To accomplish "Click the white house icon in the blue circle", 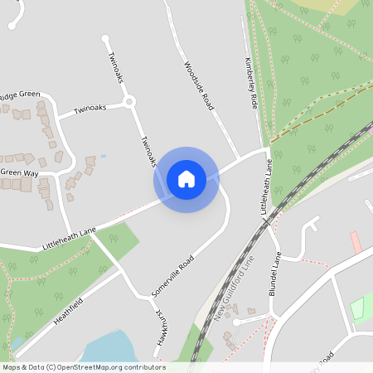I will pyautogui.click(x=186, y=178).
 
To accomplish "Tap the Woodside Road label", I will pyautogui.click(x=199, y=85).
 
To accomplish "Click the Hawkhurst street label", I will pyautogui.click(x=162, y=329).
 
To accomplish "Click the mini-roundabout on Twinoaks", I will pyautogui.click(x=128, y=103).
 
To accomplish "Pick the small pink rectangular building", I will pyautogui.click(x=356, y=243).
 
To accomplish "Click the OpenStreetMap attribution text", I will pyautogui.click(x=83, y=367).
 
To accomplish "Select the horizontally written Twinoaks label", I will pyautogui.click(x=90, y=109).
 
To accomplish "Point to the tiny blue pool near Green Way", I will pyautogui.click(x=103, y=156).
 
